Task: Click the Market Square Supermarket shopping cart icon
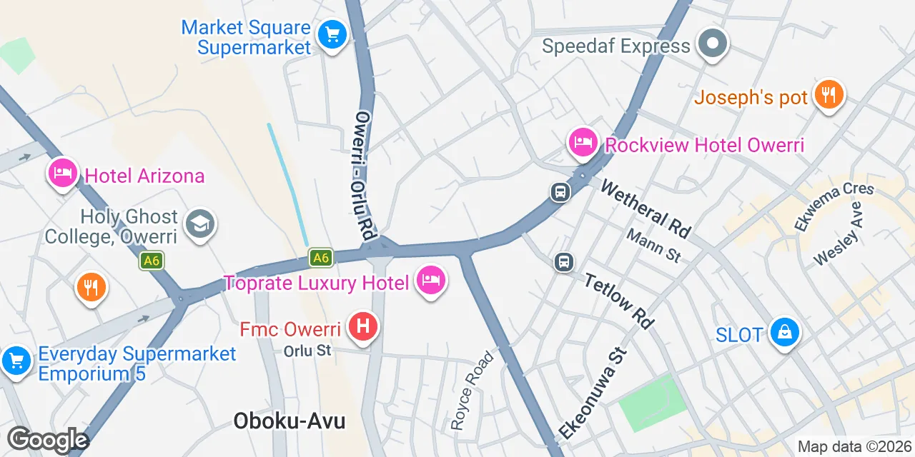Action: [x=332, y=34]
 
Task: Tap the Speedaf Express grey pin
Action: [x=712, y=44]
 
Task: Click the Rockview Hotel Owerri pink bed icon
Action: [x=583, y=142]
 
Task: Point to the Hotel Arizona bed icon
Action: [x=63, y=173]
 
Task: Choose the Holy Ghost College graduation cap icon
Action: [x=200, y=224]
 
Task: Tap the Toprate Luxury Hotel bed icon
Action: [x=430, y=281]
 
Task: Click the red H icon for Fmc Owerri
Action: [x=363, y=327]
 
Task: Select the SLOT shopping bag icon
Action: [x=785, y=332]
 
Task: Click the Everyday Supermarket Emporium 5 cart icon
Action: [x=16, y=361]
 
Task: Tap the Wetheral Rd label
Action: [x=646, y=209]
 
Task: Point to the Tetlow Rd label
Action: [x=619, y=301]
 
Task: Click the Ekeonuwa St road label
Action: [x=593, y=393]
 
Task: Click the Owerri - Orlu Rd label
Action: [x=365, y=175]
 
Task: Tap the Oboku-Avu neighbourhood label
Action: [x=290, y=421]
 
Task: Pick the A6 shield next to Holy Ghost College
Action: [x=151, y=261]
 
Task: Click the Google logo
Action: [x=48, y=441]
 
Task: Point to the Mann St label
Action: [x=653, y=245]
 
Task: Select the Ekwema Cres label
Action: [x=834, y=206]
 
